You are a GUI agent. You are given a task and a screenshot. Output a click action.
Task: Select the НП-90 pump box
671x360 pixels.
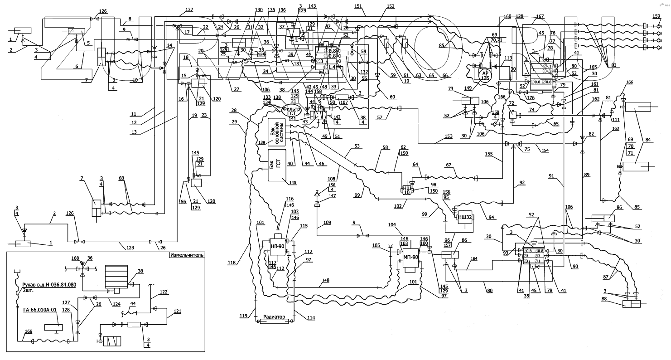277,246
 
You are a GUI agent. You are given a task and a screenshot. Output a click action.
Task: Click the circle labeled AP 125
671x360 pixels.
485,75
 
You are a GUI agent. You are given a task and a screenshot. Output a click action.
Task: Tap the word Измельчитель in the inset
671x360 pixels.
187,255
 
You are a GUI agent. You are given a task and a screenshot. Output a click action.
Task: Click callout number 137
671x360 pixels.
189,10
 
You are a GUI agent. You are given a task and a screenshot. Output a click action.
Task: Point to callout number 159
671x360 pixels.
656,16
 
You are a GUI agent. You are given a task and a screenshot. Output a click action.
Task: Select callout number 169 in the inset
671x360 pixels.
28,331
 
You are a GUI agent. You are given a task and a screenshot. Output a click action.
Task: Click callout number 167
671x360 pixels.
540,17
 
